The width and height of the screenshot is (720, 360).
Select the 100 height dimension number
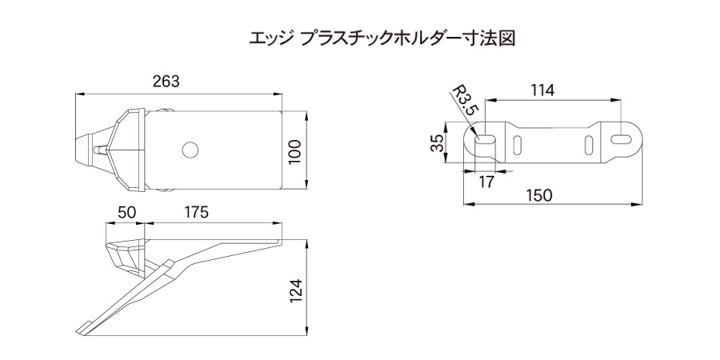294,151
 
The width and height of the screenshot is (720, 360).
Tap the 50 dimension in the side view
126,212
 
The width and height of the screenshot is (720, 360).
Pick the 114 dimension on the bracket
542,90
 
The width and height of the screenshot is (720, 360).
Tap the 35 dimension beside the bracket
436,145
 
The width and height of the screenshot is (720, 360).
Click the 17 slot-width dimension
486,182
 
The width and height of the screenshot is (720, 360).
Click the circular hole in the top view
190,150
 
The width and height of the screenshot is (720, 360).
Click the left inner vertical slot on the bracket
518,145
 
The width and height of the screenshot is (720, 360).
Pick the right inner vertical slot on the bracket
590,145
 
